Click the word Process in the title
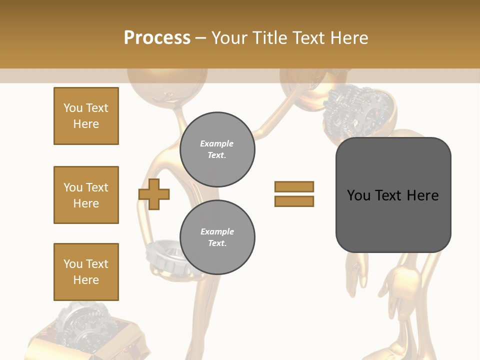click(157, 37)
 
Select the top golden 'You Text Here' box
click(86, 116)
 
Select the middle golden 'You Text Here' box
click(86, 195)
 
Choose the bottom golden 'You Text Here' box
click(86, 271)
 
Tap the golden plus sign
click(154, 194)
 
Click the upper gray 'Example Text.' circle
click(217, 149)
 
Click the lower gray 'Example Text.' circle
click(217, 237)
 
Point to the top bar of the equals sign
click(294, 186)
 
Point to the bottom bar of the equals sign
click(294, 201)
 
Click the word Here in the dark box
click(422, 195)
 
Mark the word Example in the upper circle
click(217, 143)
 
